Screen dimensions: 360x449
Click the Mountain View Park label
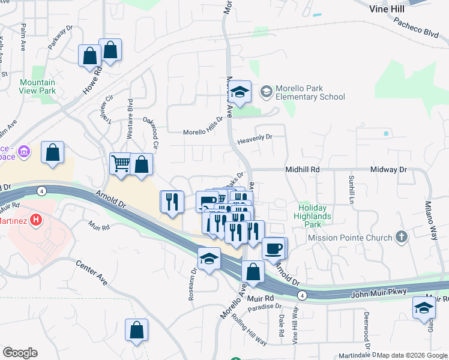coord(37,86)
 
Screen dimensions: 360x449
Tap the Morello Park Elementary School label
coord(310,92)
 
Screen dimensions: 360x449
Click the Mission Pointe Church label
coord(350,238)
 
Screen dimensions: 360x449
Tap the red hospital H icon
coord(36,220)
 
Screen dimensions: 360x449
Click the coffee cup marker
coord(274,248)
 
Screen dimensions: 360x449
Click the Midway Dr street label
coord(388,170)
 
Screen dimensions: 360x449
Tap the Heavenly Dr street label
coord(255,137)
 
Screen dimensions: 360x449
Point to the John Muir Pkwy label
coord(380,292)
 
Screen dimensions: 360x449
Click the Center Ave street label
coord(91,272)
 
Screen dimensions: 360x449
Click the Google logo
coord(20,353)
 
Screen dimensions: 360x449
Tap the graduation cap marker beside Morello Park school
coord(240,92)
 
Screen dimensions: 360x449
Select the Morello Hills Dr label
coord(202,132)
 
